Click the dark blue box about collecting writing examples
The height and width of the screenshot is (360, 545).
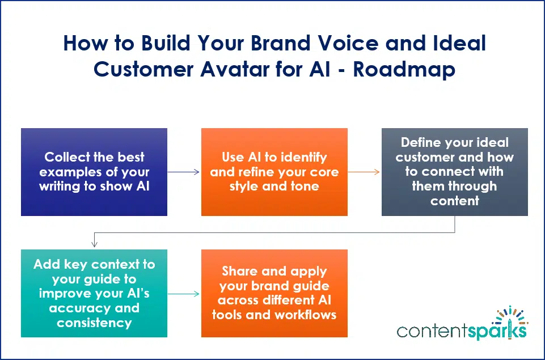[x=94, y=172]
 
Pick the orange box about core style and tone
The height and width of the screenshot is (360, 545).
[x=274, y=172]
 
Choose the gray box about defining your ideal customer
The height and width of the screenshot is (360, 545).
[x=454, y=172]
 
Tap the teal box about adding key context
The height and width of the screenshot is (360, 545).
[x=94, y=294]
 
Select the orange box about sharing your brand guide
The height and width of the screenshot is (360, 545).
[x=274, y=294]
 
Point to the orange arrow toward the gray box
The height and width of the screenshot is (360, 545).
[x=364, y=172]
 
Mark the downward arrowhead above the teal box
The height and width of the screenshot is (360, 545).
[x=94, y=244]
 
